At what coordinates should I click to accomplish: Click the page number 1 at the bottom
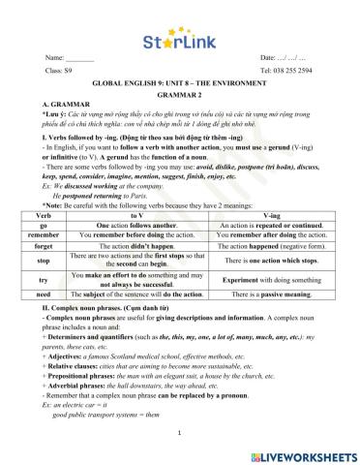pos(180,433)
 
